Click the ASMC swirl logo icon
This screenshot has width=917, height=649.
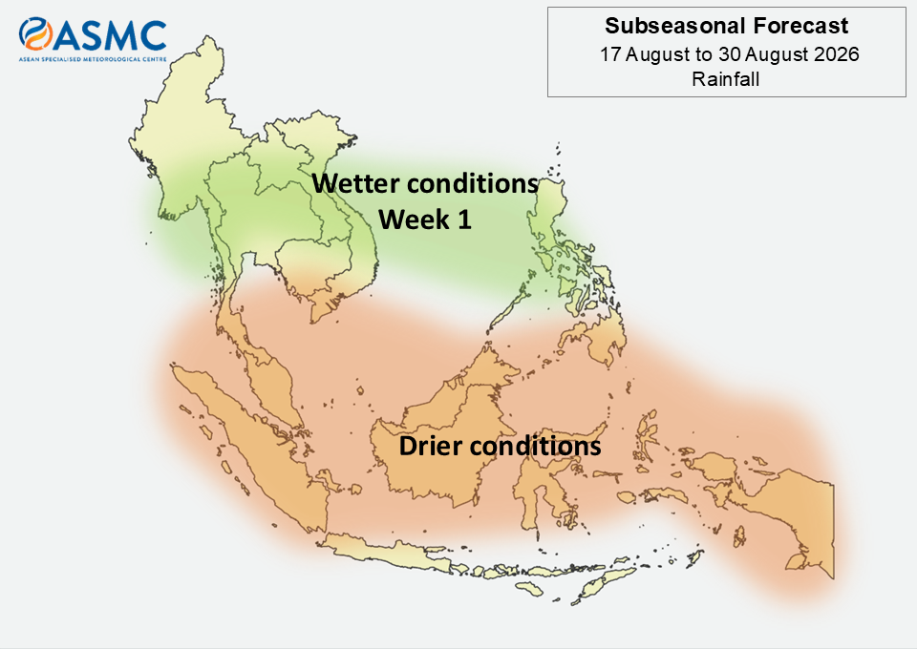click(35, 33)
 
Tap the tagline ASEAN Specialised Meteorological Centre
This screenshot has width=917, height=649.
click(93, 59)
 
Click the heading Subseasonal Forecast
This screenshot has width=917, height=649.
click(726, 26)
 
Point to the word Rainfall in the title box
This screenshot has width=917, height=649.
click(726, 79)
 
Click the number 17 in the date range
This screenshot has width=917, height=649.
click(610, 54)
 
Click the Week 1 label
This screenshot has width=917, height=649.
click(424, 220)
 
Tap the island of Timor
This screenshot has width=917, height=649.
click(603, 583)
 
